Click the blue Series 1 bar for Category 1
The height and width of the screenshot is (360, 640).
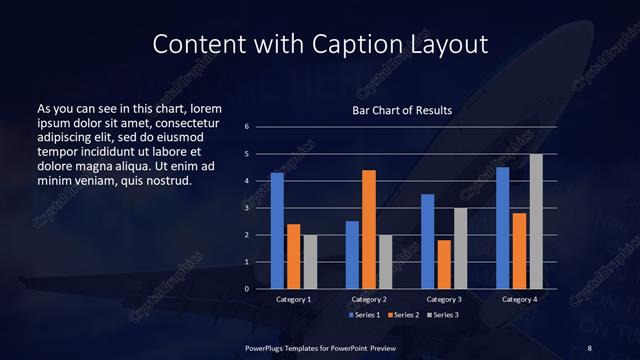[x=277, y=231]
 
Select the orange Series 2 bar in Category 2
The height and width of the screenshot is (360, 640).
[x=368, y=229]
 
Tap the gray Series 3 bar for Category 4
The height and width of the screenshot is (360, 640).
[x=535, y=221]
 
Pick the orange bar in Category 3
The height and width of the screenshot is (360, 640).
[x=443, y=264]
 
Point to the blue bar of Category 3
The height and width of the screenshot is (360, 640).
[x=427, y=241]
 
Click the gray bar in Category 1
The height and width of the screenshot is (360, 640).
[x=309, y=262]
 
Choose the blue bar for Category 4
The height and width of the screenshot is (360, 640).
[x=502, y=228]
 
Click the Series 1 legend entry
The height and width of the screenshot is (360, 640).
[x=366, y=315]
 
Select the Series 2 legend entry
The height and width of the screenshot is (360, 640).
[x=405, y=315]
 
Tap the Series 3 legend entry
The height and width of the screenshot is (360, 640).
[x=444, y=315]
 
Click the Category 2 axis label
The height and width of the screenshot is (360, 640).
[x=368, y=299]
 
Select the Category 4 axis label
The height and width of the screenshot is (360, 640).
[x=518, y=299]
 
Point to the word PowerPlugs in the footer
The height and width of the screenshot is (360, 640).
[x=267, y=347]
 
